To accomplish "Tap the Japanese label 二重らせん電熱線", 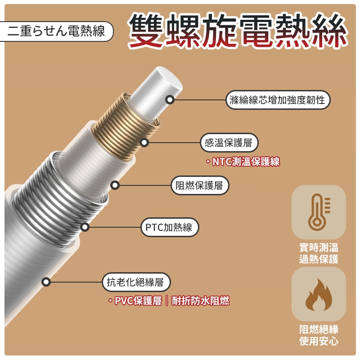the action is point(56,31).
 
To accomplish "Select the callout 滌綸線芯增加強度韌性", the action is point(278,100).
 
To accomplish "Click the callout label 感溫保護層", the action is point(229,143).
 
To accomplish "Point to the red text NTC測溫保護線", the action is point(246,162).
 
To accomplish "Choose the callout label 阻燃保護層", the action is point(200,185).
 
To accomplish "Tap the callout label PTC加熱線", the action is point(170,227).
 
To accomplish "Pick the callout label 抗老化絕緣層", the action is point(136,282).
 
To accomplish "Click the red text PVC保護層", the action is point(138,301).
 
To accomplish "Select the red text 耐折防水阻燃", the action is point(200,301).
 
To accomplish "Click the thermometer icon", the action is point(319,212).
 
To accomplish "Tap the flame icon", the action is point(319,295).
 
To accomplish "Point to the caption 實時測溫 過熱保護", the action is point(319,253).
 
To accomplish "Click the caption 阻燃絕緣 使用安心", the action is point(319,335).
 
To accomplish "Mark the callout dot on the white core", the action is point(170,100).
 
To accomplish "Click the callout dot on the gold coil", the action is point(144,143).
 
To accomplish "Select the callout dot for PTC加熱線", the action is point(85,227).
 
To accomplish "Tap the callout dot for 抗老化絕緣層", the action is point(46,282).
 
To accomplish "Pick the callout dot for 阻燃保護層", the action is point(115,185).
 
